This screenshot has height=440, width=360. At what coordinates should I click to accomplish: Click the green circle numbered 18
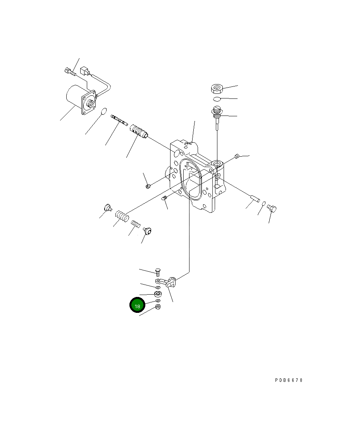[x=137, y=305]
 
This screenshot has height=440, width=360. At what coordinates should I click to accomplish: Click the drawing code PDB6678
[x=289, y=380]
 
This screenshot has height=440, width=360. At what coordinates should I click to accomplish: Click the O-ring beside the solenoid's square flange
[x=103, y=112]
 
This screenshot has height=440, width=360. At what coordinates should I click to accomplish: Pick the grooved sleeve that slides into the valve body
[x=138, y=130]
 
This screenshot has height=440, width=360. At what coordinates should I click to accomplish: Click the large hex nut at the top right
[x=217, y=89]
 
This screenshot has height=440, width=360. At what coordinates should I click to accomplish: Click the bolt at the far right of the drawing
[x=272, y=209]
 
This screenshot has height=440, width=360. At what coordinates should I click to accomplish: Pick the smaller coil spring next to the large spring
[x=135, y=224]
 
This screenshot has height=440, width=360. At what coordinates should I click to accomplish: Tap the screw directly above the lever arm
[x=158, y=272]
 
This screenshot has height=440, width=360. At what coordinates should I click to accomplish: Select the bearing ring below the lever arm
[x=158, y=293]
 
